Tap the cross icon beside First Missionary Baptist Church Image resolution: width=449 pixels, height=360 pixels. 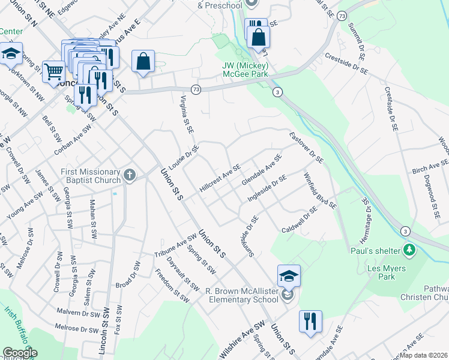pos(130,175)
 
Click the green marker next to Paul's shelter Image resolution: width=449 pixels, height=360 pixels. pos(410,248)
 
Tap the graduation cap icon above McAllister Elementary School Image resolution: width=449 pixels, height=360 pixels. pos(289,276)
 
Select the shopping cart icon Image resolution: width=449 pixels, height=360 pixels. pos(53,71)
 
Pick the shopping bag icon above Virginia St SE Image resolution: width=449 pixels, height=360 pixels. pos(143,61)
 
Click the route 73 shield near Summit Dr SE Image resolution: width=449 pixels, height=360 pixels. pos(343,16)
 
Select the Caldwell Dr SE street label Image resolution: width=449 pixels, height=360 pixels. pos(299,220)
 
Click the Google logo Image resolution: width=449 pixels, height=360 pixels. pos(19,353)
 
